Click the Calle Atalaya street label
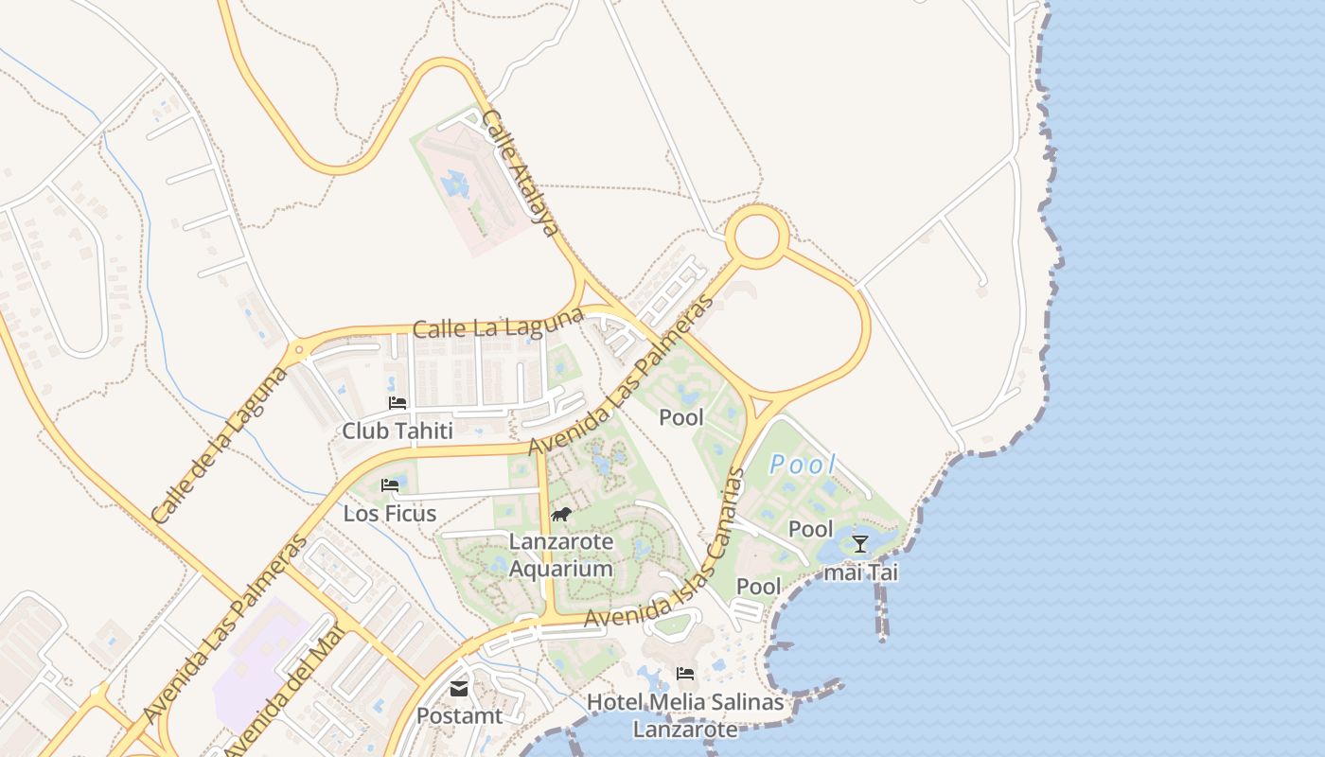tap(519, 173)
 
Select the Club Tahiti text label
tap(392, 431)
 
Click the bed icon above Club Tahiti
tap(397, 403)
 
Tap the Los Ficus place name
tap(390, 514)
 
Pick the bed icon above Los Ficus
tap(390, 485)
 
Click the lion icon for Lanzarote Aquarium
tap(560, 515)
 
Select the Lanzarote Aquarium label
tap(561, 555)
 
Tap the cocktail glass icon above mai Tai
tap(859, 543)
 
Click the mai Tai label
tap(860, 572)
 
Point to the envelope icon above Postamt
tap(459, 689)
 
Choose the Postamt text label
tap(459, 716)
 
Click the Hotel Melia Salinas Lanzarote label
tap(685, 715)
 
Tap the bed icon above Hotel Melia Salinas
tap(685, 674)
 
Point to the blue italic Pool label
tap(803, 465)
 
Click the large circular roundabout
tap(757, 237)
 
